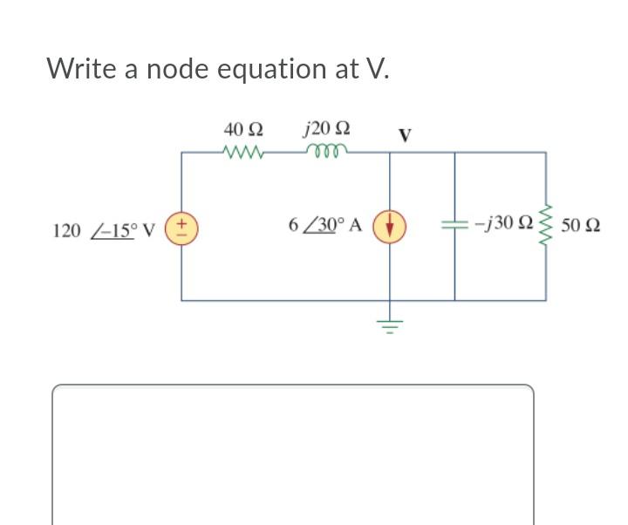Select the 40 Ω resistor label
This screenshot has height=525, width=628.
(242, 129)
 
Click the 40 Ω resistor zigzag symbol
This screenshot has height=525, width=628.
(242, 153)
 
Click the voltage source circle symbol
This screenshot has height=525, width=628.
(182, 228)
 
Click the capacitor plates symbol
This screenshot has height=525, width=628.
(454, 225)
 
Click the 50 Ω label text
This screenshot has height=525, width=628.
(581, 226)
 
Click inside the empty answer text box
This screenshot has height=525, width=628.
(292, 453)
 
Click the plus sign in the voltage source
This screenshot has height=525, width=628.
(182, 223)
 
